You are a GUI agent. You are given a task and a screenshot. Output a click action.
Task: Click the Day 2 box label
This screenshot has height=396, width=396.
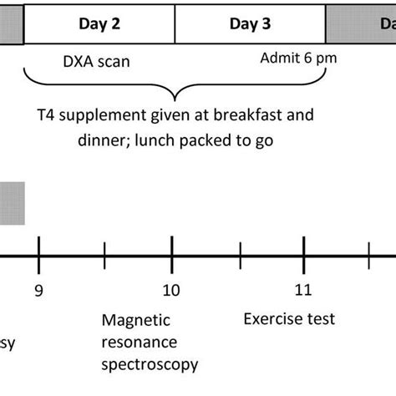tap(99, 23)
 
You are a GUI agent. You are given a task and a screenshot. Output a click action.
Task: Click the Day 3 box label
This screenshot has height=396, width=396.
tap(250, 23)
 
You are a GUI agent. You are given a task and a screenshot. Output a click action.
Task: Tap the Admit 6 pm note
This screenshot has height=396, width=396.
tap(292, 58)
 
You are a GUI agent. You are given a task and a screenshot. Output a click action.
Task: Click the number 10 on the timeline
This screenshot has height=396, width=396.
tap(170, 290)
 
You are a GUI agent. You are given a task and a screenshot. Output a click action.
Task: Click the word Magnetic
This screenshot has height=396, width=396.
tap(135, 320)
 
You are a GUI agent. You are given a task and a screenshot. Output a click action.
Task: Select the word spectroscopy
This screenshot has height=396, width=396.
tap(150, 364)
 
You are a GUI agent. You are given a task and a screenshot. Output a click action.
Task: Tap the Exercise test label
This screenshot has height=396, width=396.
tap(289, 318)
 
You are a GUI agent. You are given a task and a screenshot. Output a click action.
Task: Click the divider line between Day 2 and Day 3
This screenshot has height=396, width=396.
tap(175, 23)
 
